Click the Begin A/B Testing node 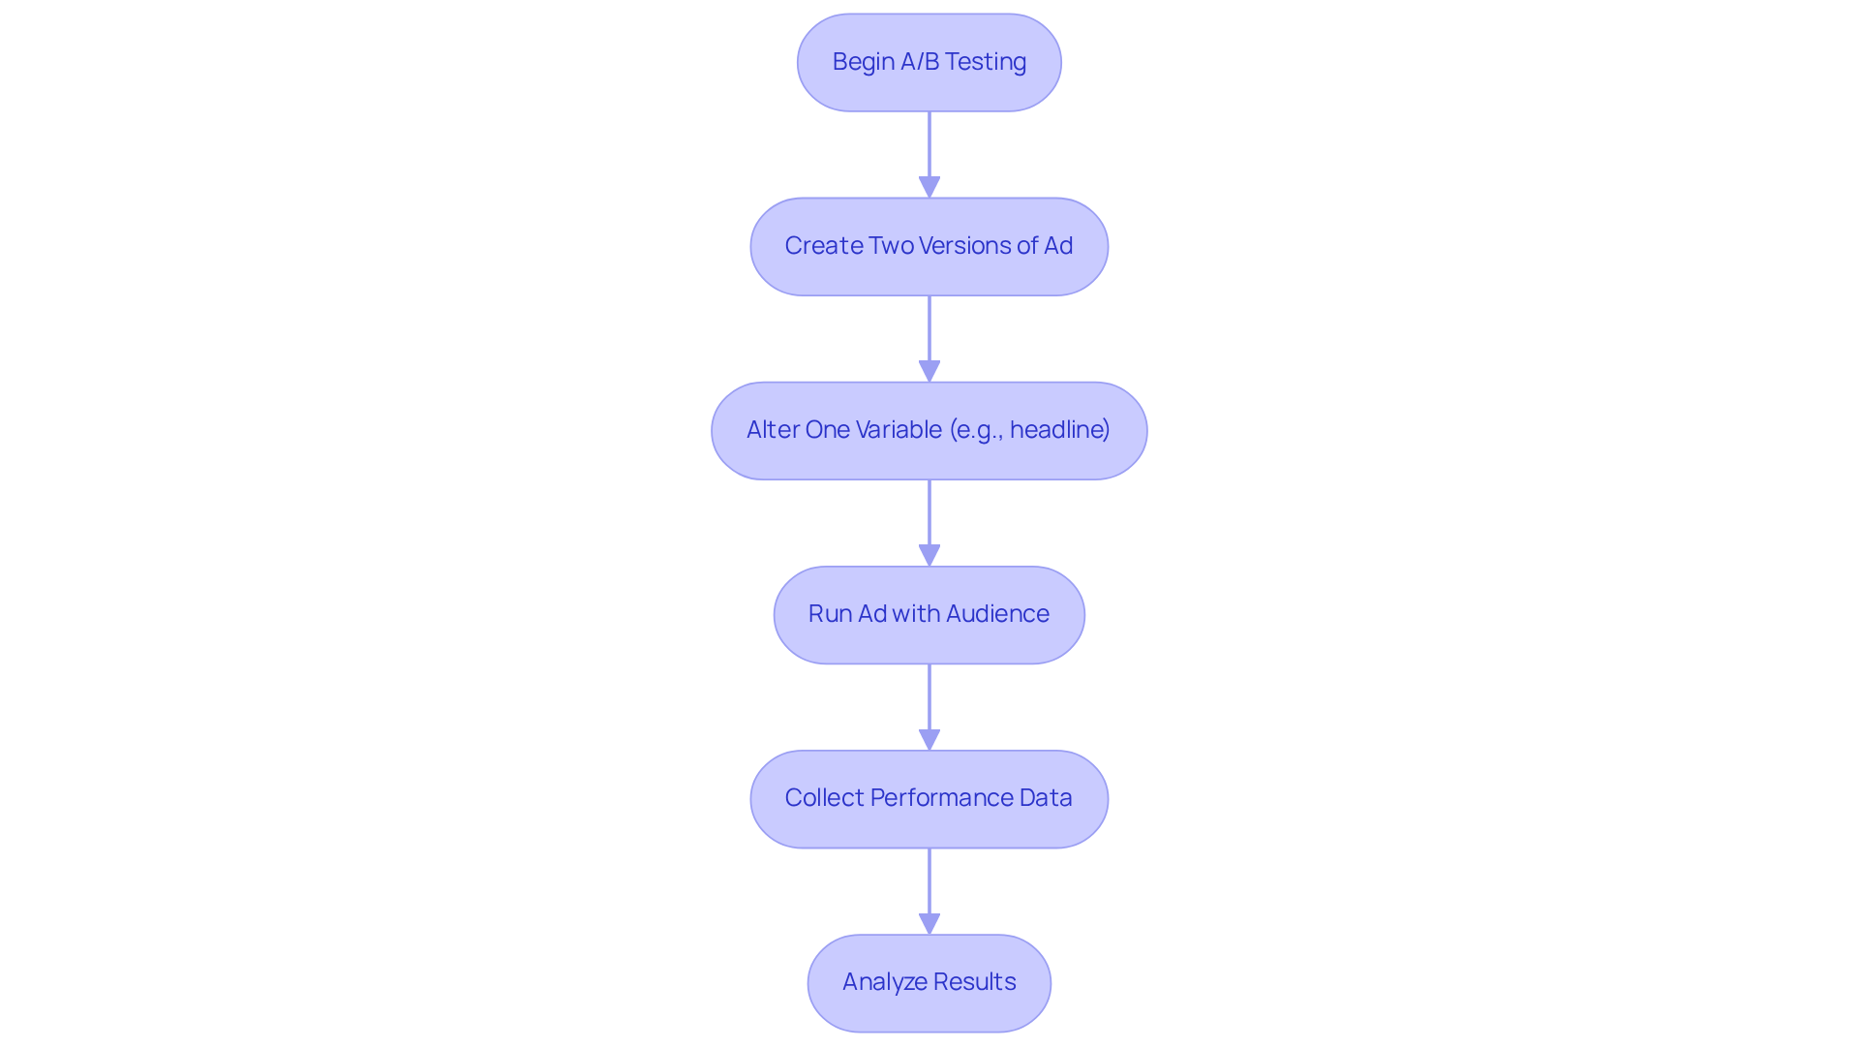point(929,62)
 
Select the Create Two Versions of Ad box point(929,246)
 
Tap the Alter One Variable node point(929,430)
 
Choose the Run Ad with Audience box point(929,614)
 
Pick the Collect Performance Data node point(929,798)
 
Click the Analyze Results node point(929,982)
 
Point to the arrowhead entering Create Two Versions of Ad point(929,187)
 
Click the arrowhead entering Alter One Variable point(929,371)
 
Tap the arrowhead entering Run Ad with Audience point(929,555)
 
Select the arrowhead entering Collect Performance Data point(929,739)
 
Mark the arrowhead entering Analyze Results point(929,923)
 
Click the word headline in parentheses point(1058,429)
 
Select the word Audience point(997,614)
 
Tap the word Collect point(824,798)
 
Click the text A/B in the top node point(920,62)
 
